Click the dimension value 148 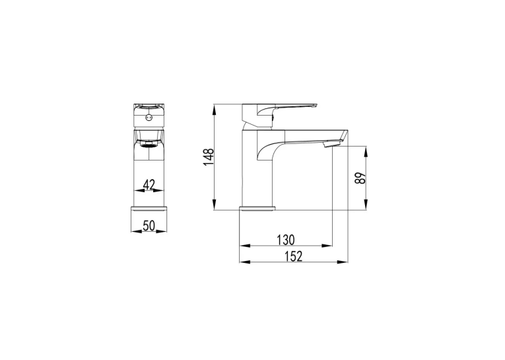209,157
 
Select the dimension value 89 360,178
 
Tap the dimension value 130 286,240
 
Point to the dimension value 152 293,256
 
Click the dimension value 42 149,185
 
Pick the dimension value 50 149,226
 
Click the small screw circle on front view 149,118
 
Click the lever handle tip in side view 315,105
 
